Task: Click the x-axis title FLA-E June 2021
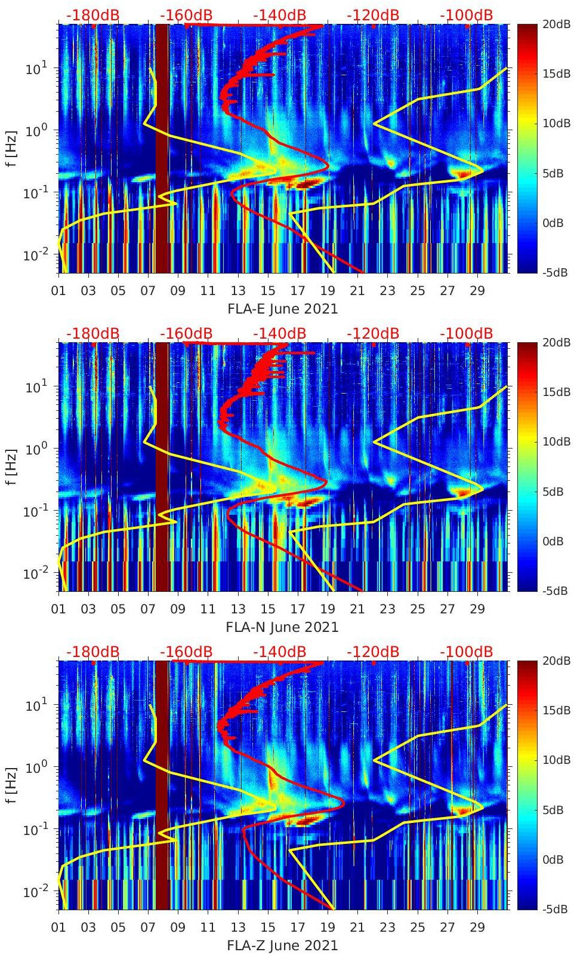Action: [282, 309]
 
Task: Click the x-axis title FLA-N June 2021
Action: [282, 627]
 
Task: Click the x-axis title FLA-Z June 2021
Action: [282, 945]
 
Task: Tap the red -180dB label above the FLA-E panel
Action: [92, 15]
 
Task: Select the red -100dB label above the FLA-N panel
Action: [467, 333]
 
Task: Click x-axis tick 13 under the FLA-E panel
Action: [238, 291]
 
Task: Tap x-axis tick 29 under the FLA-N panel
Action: [477, 609]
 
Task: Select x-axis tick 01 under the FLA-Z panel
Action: [58, 928]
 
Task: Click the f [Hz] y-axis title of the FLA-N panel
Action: [10, 466]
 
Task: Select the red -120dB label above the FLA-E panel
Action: [373, 15]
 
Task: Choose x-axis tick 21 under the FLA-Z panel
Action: [357, 928]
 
